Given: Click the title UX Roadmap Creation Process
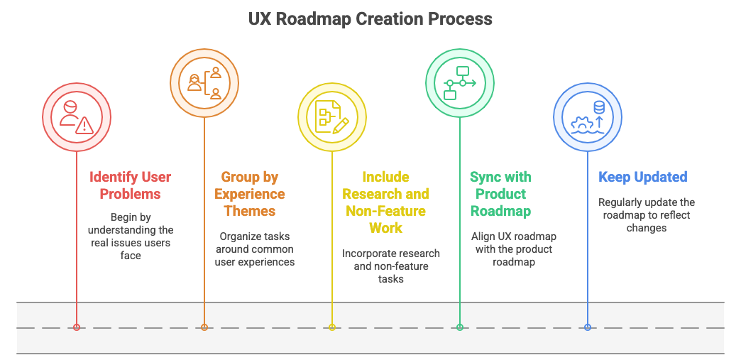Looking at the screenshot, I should click(x=370, y=18).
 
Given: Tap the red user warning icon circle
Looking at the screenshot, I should click(x=77, y=117).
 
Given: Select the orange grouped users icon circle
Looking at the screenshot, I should click(x=204, y=82).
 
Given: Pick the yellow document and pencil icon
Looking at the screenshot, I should click(x=332, y=117).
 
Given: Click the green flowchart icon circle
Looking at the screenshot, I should click(x=460, y=82).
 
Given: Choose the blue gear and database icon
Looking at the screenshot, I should click(x=588, y=117).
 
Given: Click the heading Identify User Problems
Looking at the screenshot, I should click(x=130, y=185).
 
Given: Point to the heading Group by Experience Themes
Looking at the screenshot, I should click(x=249, y=194).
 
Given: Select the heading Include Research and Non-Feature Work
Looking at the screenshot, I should click(x=385, y=202).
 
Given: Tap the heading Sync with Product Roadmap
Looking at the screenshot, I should click(x=500, y=194).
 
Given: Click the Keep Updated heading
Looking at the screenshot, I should click(x=642, y=177).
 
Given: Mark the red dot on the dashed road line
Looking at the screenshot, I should click(x=77, y=327).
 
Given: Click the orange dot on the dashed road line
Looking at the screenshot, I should click(x=204, y=327).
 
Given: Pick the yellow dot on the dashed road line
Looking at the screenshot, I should click(x=332, y=327).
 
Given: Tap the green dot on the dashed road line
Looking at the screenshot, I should click(x=460, y=327).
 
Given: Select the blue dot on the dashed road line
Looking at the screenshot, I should click(x=588, y=327).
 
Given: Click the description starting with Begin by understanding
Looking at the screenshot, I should click(x=130, y=236).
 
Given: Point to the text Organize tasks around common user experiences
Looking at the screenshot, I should click(x=254, y=249).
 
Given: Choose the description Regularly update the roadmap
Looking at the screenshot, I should click(x=646, y=215).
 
